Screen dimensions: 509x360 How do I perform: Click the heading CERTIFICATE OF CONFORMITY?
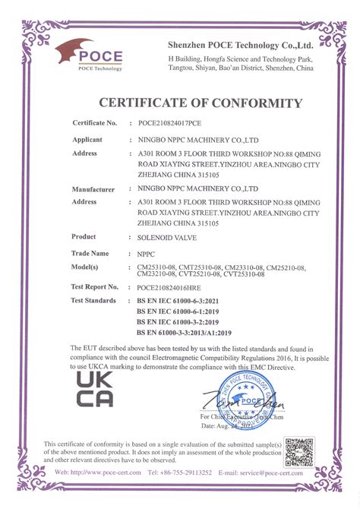click(201, 103)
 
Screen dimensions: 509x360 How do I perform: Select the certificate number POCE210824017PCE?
click(169, 122)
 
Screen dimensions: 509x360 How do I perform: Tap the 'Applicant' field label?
click(87, 141)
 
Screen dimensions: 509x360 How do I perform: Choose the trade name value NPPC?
click(146, 254)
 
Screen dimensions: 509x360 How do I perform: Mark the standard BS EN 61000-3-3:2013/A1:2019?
click(184, 332)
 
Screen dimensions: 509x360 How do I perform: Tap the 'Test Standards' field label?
click(93, 301)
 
